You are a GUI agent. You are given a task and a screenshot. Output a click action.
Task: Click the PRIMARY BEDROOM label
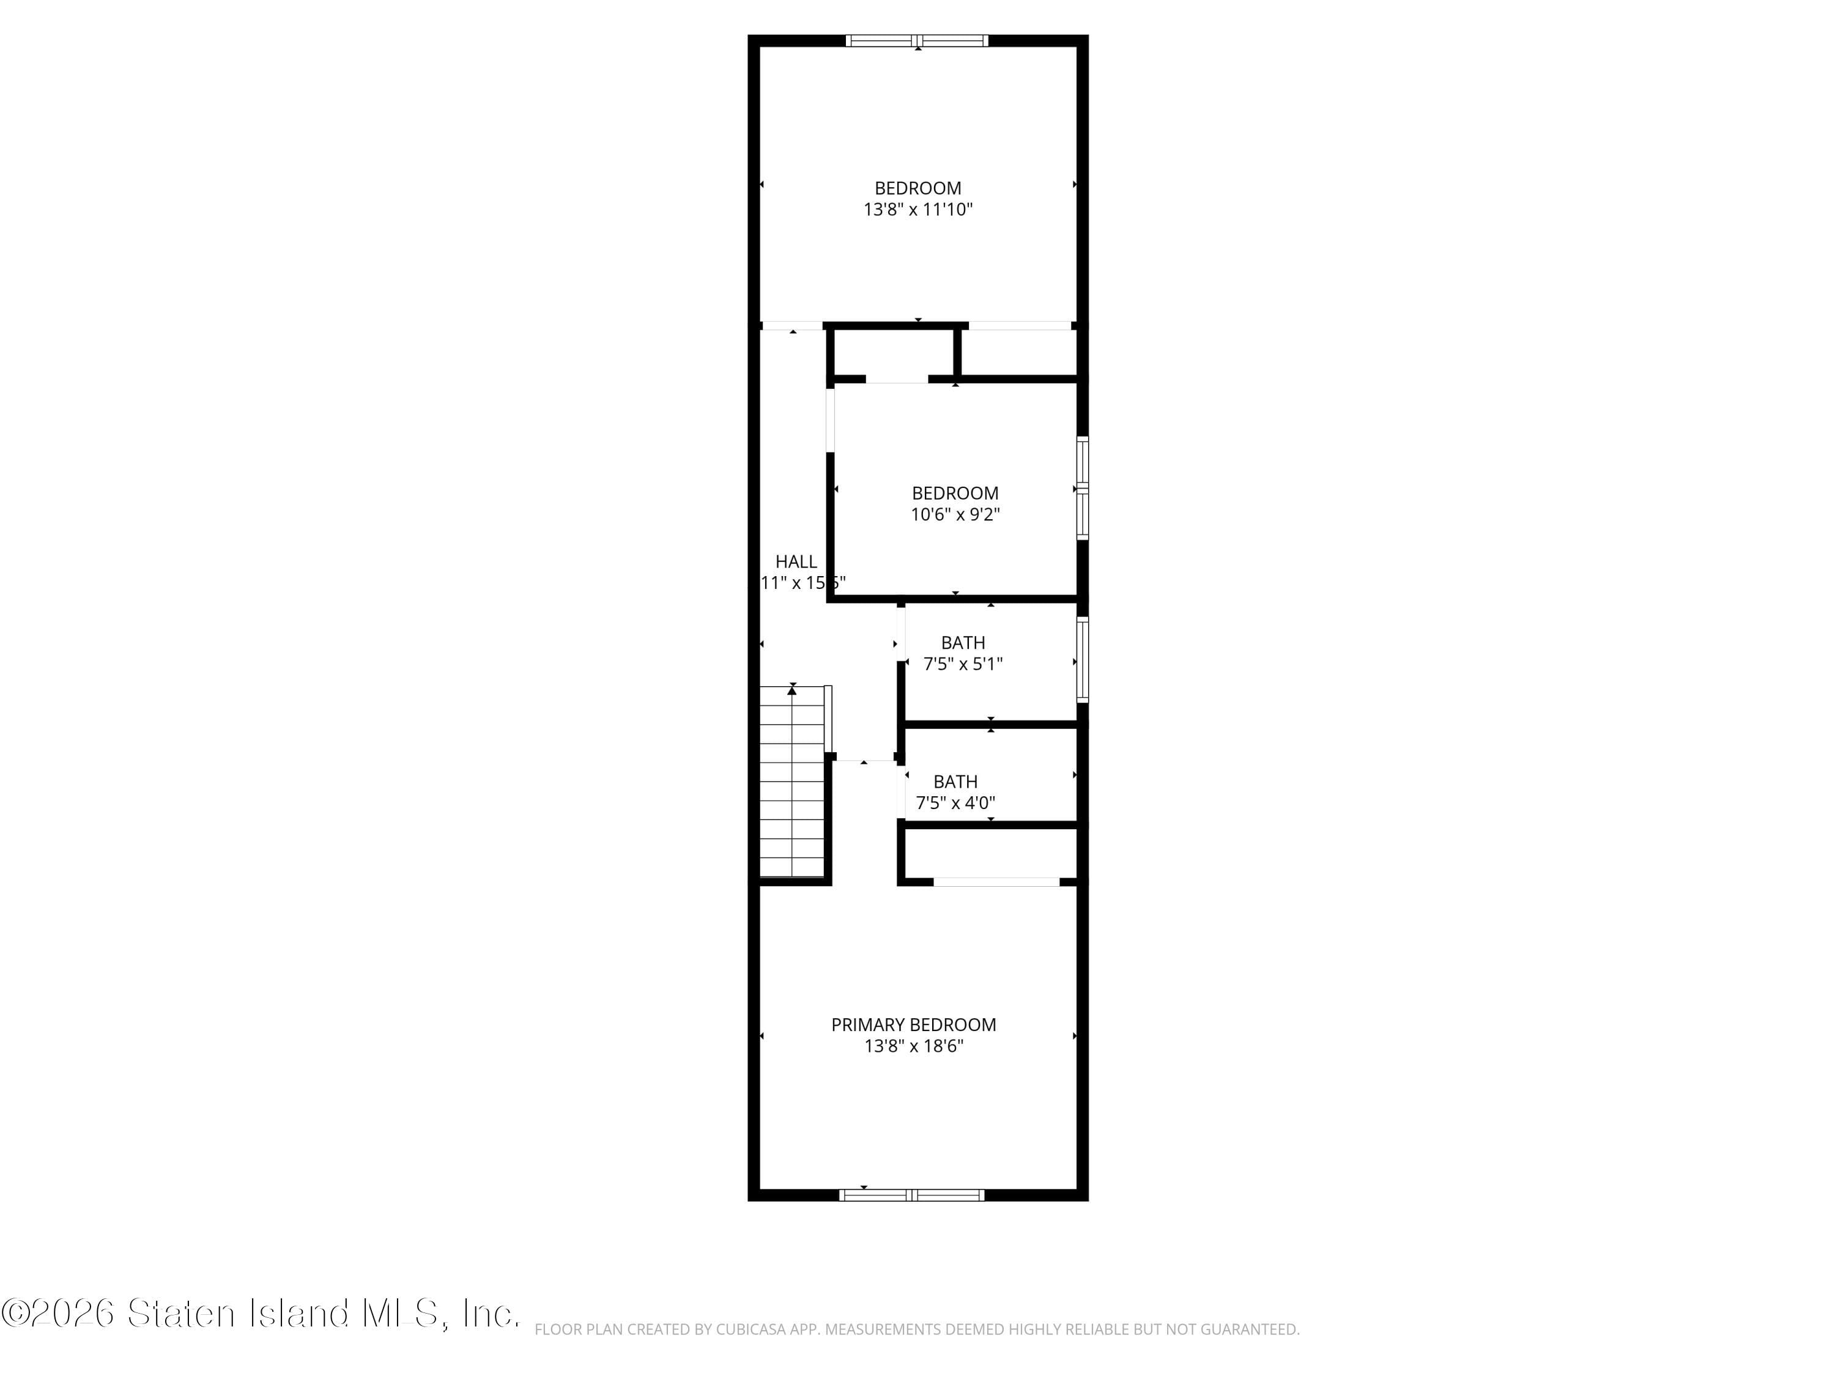(x=913, y=1024)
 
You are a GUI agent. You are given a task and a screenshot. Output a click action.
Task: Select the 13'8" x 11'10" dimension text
(x=917, y=209)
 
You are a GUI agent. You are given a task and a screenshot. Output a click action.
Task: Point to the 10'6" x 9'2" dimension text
(x=955, y=514)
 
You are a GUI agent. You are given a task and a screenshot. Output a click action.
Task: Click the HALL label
(x=796, y=561)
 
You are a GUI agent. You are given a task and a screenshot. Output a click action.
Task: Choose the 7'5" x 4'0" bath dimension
(x=955, y=803)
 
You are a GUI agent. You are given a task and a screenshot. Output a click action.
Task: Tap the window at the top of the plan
(x=917, y=40)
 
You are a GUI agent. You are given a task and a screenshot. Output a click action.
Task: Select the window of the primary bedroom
(x=912, y=1195)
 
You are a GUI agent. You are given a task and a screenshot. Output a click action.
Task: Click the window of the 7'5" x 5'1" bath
(x=1083, y=659)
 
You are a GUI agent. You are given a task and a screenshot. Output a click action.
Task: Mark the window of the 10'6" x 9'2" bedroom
(x=1083, y=489)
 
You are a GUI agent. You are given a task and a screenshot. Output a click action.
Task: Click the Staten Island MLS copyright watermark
(x=261, y=1314)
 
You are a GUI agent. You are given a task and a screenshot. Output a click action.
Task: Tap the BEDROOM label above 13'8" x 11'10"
(x=917, y=188)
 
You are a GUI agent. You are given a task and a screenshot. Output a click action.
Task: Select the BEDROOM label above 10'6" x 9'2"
(x=955, y=493)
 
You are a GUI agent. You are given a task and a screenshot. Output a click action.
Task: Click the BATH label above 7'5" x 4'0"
(x=955, y=782)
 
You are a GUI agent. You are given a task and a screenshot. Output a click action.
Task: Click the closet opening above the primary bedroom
(x=996, y=882)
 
